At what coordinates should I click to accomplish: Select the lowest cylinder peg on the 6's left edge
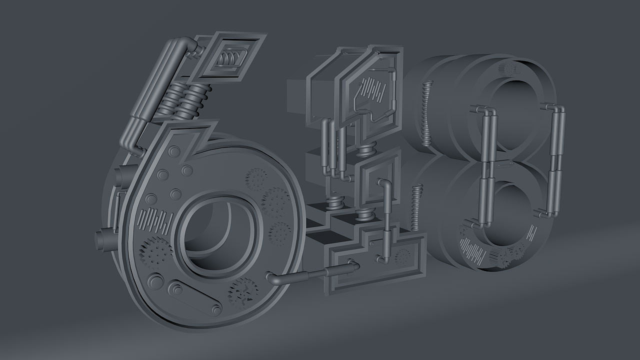pyautogui.click(x=104, y=240)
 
